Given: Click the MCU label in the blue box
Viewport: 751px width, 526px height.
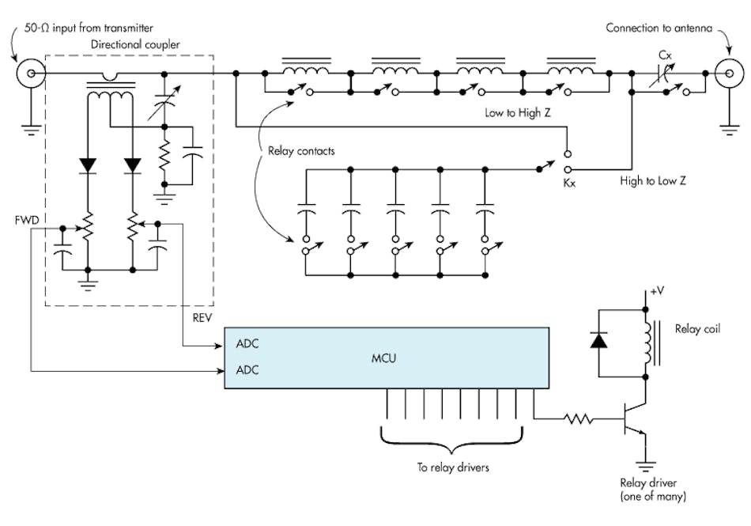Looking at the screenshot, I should pyautogui.click(x=383, y=358).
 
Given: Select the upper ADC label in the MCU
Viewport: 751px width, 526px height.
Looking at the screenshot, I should pyautogui.click(x=247, y=345).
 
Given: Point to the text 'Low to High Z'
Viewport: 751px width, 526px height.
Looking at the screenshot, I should pyautogui.click(x=517, y=113).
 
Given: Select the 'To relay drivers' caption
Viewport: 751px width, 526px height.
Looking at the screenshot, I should pyautogui.click(x=453, y=467).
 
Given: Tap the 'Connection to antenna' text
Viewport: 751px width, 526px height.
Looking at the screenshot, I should pyautogui.click(x=655, y=28).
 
